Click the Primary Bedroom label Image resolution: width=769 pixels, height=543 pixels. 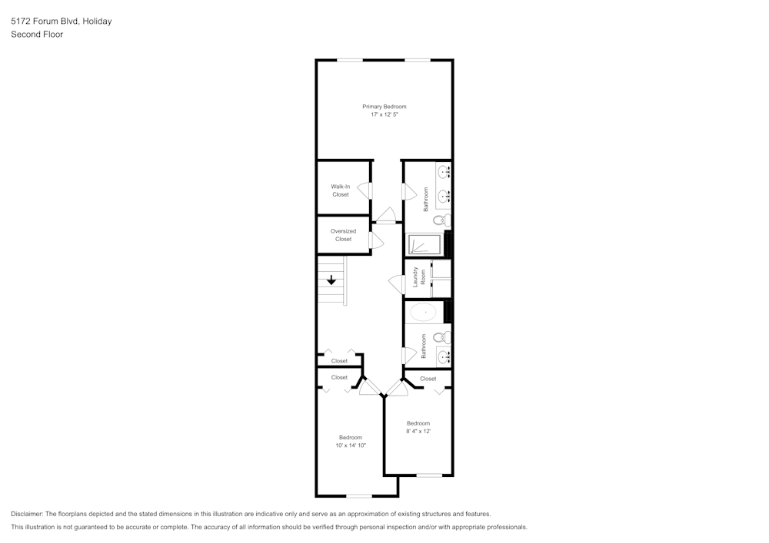pyautogui.click(x=384, y=106)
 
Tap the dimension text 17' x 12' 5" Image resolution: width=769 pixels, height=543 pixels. pyautogui.click(x=384, y=114)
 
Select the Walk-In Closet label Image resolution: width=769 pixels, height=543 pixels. pyautogui.click(x=341, y=190)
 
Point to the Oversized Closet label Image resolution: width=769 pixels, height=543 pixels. pyautogui.click(x=343, y=235)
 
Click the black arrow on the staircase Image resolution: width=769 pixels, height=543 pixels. pyautogui.click(x=331, y=281)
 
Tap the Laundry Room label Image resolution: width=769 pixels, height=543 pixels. pyautogui.click(x=418, y=276)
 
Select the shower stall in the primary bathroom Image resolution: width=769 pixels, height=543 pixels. pyautogui.click(x=422, y=245)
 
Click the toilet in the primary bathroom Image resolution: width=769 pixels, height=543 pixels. pyautogui.click(x=439, y=220)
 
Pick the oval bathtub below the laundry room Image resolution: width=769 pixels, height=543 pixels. pyautogui.click(x=423, y=312)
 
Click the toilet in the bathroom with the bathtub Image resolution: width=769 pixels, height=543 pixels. pyautogui.click(x=439, y=337)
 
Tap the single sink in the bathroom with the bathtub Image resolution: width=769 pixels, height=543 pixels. pyautogui.click(x=442, y=356)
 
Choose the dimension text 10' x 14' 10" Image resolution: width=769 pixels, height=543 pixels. pyautogui.click(x=351, y=445)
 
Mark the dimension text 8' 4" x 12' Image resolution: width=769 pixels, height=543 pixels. pyautogui.click(x=418, y=432)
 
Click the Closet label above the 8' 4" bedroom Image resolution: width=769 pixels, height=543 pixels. pyautogui.click(x=428, y=379)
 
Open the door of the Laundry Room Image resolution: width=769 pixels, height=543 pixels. pyautogui.click(x=398, y=283)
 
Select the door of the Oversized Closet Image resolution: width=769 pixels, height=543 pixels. pyautogui.click(x=376, y=240)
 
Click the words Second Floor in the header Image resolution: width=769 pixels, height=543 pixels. pyautogui.click(x=37, y=35)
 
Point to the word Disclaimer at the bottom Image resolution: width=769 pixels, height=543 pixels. pyautogui.click(x=27, y=514)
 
